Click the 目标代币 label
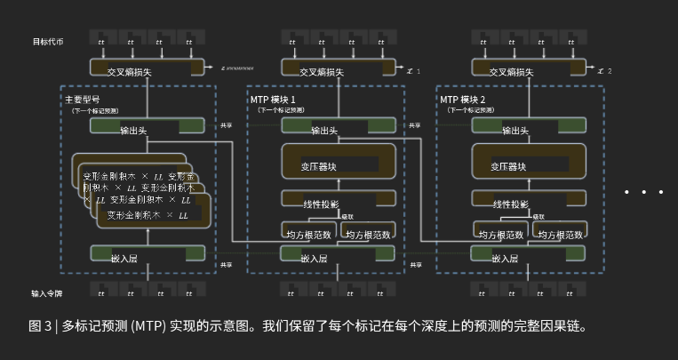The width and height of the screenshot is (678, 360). coord(48,42)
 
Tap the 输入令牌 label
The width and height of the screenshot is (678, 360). coord(48,292)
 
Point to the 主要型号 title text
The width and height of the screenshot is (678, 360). coord(83,99)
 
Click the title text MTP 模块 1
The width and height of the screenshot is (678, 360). coord(273,99)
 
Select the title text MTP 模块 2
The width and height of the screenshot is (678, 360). coord(463,99)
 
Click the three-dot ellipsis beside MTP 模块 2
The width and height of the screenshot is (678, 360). coord(643,191)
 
